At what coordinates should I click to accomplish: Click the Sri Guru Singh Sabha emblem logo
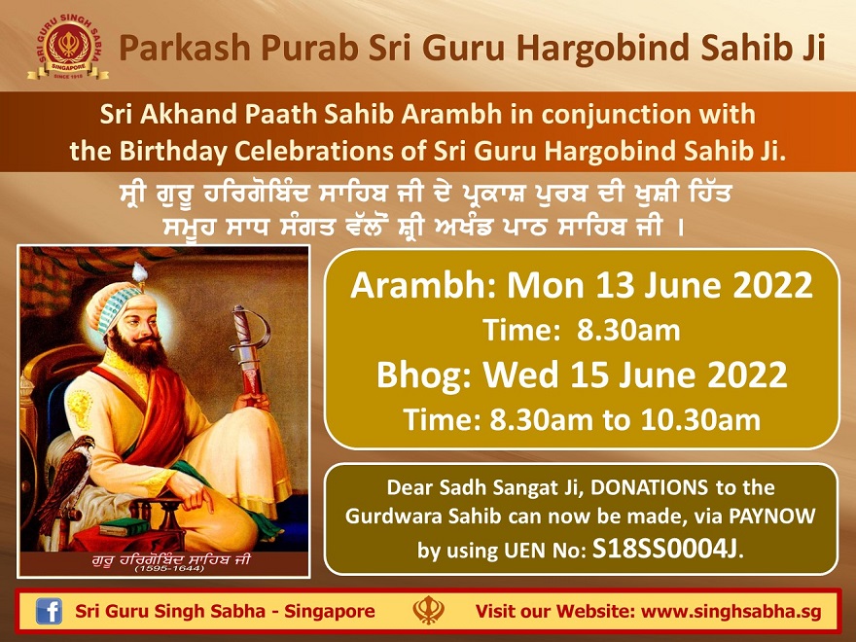click(x=68, y=48)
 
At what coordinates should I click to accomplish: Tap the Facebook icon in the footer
click(x=50, y=611)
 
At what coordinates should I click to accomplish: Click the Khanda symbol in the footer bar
click(x=429, y=610)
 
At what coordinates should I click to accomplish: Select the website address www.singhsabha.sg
click(x=731, y=612)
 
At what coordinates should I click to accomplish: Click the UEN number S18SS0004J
click(x=665, y=550)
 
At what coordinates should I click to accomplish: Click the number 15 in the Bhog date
click(x=590, y=375)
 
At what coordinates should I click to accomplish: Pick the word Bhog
click(x=421, y=376)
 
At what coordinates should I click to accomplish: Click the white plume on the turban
click(x=140, y=272)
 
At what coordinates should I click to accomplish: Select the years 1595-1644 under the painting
click(x=169, y=569)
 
